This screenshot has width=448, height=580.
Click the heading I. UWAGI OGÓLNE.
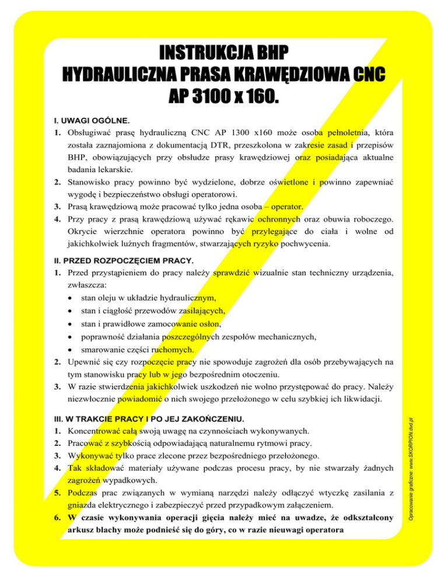click(87, 121)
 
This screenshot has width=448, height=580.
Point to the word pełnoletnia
click(339, 134)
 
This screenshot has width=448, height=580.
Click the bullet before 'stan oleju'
click(71, 297)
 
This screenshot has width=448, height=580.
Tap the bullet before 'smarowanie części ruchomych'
click(71, 350)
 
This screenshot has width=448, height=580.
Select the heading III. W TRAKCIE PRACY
click(136, 419)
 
